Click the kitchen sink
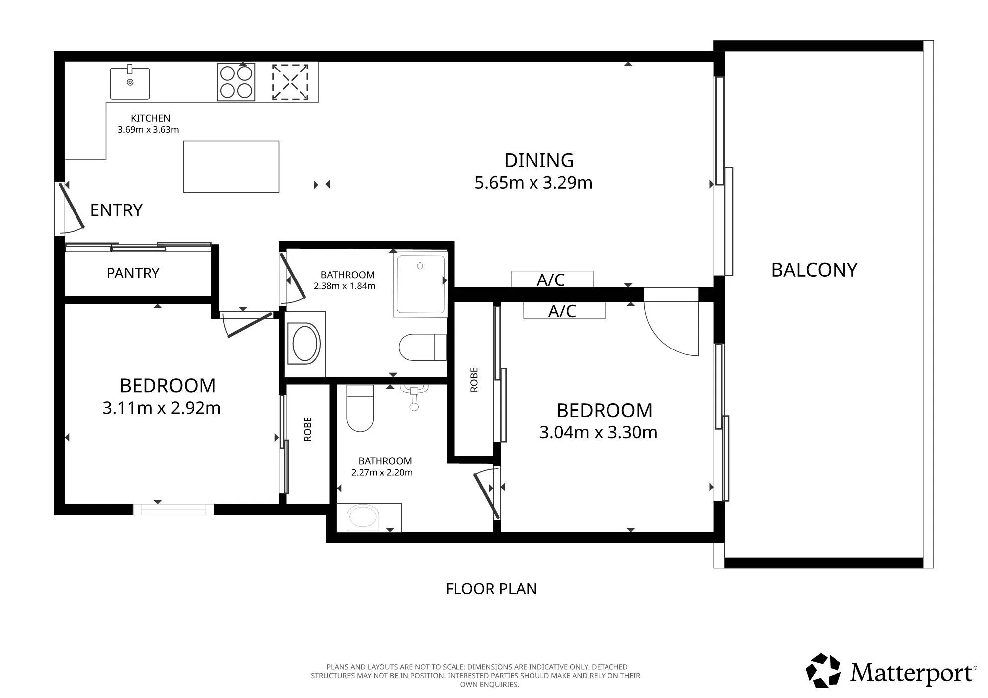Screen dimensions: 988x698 (130, 82)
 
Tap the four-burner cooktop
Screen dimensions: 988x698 (236, 82)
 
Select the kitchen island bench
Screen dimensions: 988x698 (231, 166)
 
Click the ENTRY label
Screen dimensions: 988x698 (116, 210)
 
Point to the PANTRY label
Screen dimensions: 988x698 (133, 273)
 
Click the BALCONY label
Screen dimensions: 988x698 (814, 270)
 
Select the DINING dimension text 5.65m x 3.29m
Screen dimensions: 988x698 (533, 183)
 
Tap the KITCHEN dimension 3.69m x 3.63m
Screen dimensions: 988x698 (148, 130)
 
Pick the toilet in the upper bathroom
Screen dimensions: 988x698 (423, 347)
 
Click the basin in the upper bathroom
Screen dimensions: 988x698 (305, 343)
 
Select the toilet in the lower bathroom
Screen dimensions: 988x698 (360, 408)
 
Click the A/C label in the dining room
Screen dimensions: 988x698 (551, 280)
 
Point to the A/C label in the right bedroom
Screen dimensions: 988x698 (562, 311)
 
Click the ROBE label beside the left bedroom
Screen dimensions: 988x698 (308, 429)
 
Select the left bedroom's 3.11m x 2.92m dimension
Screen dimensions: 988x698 (161, 408)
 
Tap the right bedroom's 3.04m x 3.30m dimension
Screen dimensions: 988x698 (599, 432)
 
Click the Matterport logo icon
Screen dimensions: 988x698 (823, 671)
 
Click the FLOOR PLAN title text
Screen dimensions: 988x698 (491, 589)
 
